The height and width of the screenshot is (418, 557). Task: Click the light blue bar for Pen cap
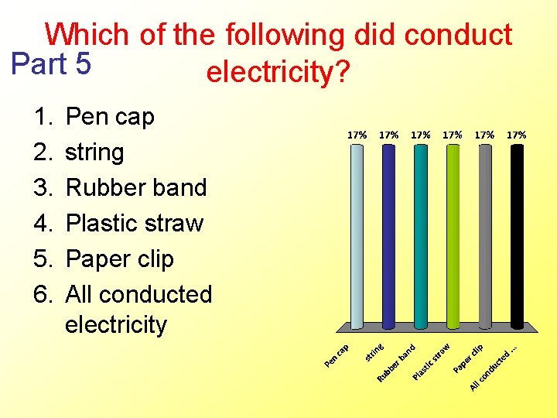click(x=357, y=236)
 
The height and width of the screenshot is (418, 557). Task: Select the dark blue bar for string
click(x=388, y=236)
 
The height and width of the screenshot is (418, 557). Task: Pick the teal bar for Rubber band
click(x=421, y=236)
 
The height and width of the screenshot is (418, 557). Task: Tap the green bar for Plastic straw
click(x=453, y=236)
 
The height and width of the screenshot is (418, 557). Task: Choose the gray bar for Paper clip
click(x=485, y=236)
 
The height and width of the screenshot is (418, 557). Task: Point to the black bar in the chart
click(x=517, y=236)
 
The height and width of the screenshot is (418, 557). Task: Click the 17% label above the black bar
click(x=517, y=134)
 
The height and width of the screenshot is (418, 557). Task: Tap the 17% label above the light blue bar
click(x=357, y=134)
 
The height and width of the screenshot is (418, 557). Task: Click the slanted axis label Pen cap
click(x=338, y=355)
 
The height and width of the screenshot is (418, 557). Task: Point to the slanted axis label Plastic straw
click(x=432, y=361)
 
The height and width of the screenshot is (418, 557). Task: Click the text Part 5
click(x=52, y=63)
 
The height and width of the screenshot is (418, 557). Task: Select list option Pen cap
click(x=110, y=117)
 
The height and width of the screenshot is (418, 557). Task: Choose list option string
click(x=94, y=152)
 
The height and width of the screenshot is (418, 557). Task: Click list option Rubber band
click(x=136, y=187)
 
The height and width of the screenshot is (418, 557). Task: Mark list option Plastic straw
click(x=135, y=223)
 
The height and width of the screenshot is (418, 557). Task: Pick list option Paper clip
click(x=120, y=259)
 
